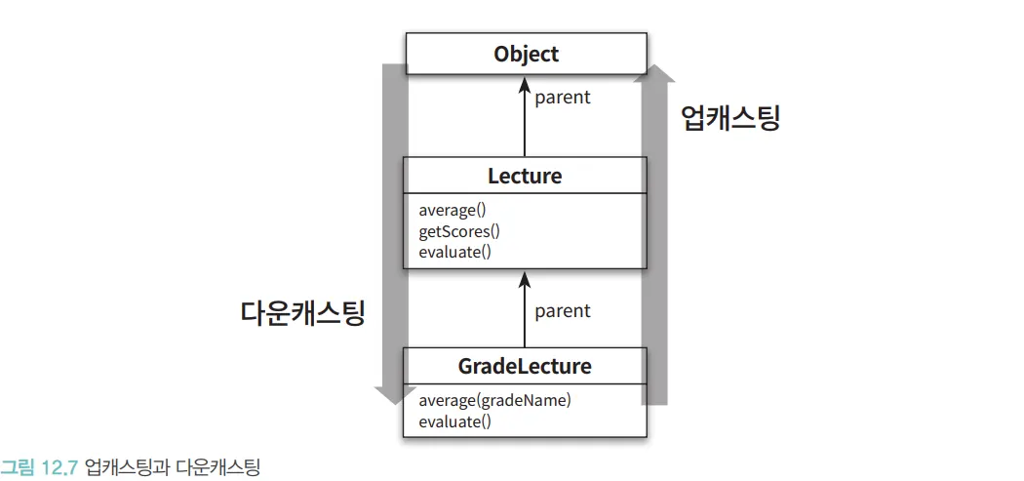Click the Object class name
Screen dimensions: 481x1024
point(525,54)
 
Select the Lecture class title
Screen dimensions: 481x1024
point(525,177)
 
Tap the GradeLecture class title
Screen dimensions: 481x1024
point(525,367)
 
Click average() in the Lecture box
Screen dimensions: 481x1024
point(453,211)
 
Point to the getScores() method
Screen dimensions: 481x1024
point(458,231)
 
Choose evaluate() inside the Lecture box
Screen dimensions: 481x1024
point(454,252)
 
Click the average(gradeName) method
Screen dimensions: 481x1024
point(494,400)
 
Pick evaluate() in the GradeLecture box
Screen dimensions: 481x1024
point(454,421)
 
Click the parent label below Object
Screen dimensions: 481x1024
point(563,98)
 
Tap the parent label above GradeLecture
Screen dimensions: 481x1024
point(563,310)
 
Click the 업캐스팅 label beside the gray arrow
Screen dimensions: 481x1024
point(729,118)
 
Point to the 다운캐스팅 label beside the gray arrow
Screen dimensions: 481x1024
point(302,312)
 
